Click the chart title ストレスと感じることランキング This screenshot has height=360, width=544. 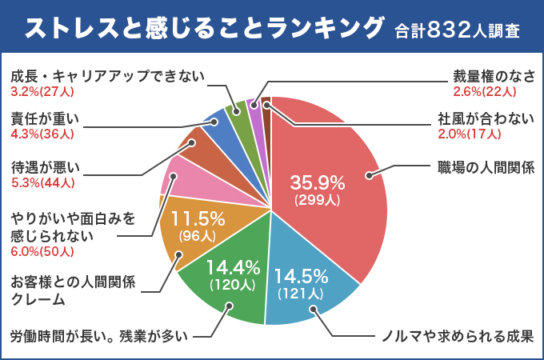pos(204,30)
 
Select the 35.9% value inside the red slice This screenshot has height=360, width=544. pos(318,183)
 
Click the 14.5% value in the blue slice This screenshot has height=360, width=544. pos(302,277)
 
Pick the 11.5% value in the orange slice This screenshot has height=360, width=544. pos(197,219)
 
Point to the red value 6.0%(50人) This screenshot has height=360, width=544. pos(42,251)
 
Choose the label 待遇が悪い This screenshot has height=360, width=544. pos(46,168)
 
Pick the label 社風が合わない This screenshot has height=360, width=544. pos(485,118)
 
